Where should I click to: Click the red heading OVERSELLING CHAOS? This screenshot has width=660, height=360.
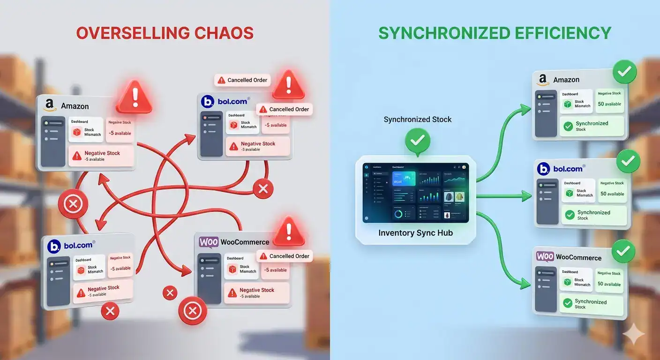point(165,33)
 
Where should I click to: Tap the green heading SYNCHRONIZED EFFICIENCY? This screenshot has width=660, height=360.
point(495,33)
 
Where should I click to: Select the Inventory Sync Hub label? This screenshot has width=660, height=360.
point(415,233)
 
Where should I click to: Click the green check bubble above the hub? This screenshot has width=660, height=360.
point(417,140)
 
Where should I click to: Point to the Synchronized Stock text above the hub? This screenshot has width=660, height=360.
point(417,120)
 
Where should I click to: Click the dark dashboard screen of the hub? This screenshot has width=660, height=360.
point(415,193)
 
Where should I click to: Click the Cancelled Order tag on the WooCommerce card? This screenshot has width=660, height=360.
point(285,256)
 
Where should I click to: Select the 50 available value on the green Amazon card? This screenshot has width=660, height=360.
point(609,104)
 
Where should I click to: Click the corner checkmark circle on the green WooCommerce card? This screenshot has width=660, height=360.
point(622,252)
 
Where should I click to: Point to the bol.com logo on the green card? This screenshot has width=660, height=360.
point(544,169)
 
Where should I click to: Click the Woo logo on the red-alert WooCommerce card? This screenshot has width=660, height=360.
point(209,242)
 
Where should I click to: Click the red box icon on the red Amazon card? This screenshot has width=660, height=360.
point(77,132)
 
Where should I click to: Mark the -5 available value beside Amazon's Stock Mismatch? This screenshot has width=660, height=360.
point(120,133)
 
